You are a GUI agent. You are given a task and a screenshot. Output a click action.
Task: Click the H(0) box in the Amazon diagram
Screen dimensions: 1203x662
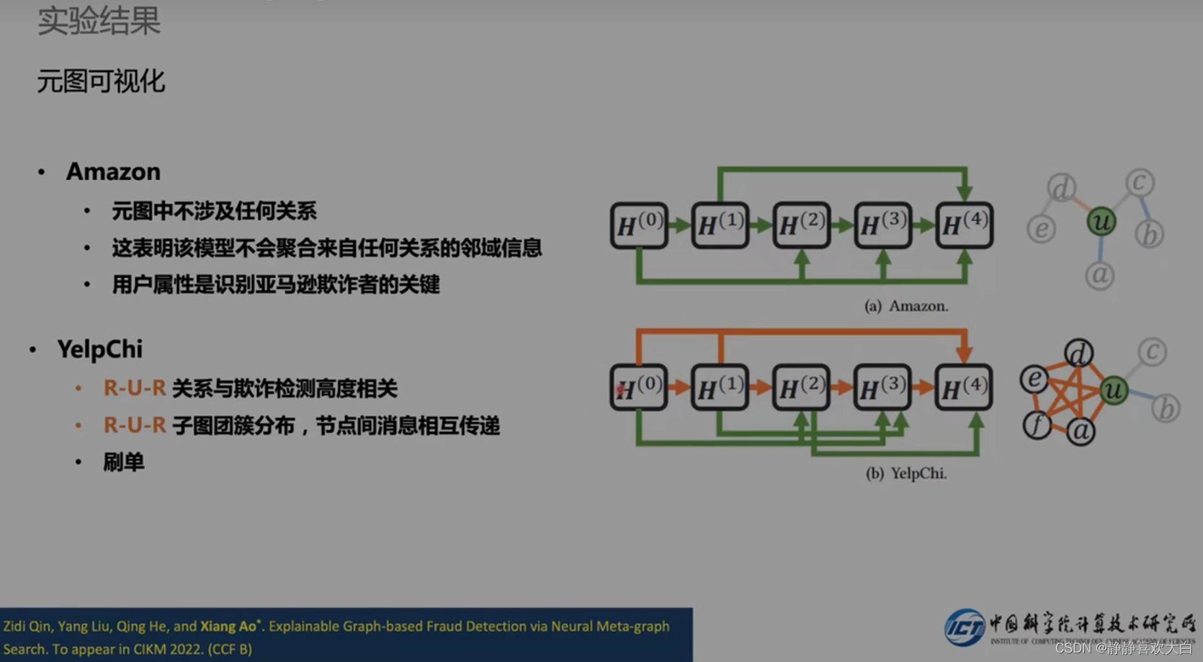pyautogui.click(x=638, y=225)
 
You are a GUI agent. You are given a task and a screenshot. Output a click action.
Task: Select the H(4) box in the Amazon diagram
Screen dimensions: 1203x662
pyautogui.click(x=964, y=225)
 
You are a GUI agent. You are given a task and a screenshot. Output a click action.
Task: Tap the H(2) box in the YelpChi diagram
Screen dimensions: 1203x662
pyautogui.click(x=801, y=388)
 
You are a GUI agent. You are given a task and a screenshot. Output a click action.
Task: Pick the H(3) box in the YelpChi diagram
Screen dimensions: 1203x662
pyautogui.click(x=882, y=388)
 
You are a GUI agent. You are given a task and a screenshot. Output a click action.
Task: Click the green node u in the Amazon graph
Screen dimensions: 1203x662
pyautogui.click(x=1101, y=221)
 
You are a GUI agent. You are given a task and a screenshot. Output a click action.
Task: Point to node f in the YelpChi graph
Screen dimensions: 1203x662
pyautogui.click(x=1037, y=424)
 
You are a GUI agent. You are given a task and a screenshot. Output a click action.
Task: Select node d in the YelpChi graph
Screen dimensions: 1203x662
pyautogui.click(x=1078, y=354)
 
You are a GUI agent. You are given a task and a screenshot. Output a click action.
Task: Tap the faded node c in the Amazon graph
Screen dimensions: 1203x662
pyautogui.click(x=1139, y=182)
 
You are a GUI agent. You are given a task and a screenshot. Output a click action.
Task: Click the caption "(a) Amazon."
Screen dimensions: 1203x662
pyautogui.click(x=906, y=306)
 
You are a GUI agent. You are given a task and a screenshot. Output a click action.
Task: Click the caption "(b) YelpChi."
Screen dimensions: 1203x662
pyautogui.click(x=906, y=473)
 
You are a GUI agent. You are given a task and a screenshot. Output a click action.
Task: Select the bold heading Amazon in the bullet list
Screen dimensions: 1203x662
pyautogui.click(x=113, y=171)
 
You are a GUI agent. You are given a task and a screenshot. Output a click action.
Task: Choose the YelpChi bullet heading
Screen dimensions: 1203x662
pyautogui.click(x=99, y=349)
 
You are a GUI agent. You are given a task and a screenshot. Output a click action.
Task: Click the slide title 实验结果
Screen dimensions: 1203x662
pyautogui.click(x=99, y=20)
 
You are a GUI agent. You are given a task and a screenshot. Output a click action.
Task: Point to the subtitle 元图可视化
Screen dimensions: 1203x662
pyautogui.click(x=101, y=81)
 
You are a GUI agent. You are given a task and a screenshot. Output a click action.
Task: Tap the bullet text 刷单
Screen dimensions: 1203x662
pyautogui.click(x=123, y=462)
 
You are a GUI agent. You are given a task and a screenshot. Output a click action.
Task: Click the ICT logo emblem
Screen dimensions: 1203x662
pyautogui.click(x=965, y=627)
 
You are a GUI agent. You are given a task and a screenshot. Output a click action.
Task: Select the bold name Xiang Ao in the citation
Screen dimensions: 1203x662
pyautogui.click(x=228, y=626)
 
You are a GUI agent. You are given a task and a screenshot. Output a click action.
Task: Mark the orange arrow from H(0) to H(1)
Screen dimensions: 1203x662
pyautogui.click(x=679, y=388)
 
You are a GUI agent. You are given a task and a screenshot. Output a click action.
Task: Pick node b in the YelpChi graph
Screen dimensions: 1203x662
pyautogui.click(x=1165, y=408)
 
